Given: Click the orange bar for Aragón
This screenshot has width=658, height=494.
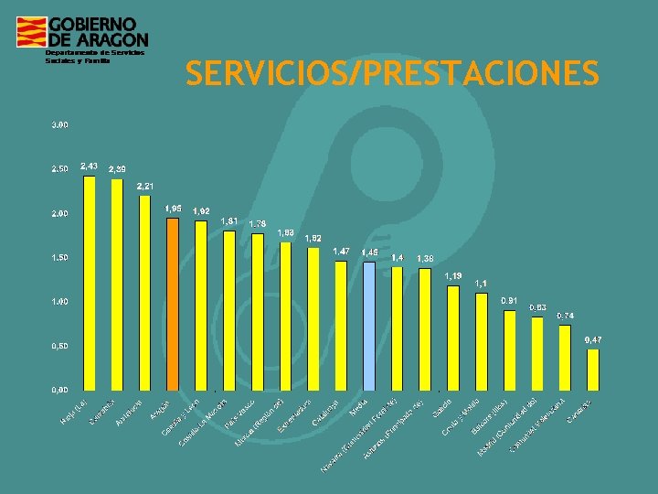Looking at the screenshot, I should tap(173, 303).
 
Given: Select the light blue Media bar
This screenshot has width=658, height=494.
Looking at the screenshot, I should tap(368, 325).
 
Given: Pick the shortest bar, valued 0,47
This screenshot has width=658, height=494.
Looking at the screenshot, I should tap(593, 368).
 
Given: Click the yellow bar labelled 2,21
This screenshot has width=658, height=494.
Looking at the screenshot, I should tap(144, 292).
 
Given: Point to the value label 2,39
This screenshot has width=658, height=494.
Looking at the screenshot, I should tap(117, 169).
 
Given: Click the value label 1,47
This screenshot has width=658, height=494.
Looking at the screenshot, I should tap(341, 251).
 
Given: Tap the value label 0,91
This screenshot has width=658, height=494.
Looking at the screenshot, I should tap(509, 300).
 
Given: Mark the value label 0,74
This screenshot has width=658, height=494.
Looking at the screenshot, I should tap(565, 316).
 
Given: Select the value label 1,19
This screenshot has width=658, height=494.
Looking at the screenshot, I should tap(453, 275).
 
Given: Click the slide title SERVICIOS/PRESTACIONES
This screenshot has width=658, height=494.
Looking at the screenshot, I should tap(392, 73).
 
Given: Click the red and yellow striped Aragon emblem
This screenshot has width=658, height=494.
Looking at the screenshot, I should tap(30, 32).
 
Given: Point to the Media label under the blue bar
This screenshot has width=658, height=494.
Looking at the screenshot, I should tap(359, 404).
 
